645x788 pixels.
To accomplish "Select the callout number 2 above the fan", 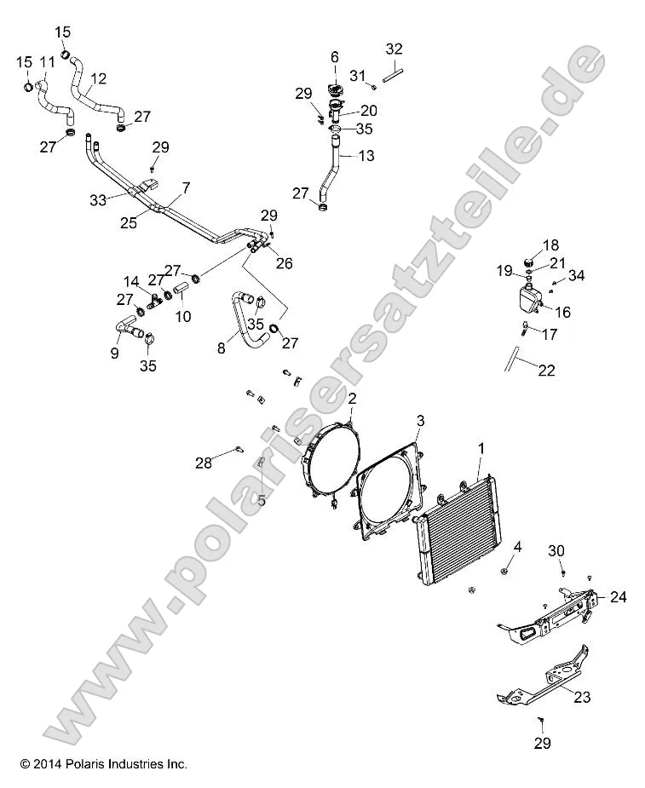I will (351, 398).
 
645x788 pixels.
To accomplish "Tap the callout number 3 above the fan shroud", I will (420, 421).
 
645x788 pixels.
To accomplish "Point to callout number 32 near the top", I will (394, 49).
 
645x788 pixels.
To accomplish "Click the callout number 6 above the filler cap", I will (335, 57).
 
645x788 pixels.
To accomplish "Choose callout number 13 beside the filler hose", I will (366, 156).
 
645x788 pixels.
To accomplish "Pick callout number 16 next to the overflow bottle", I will (562, 313).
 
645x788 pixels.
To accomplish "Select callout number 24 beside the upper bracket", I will (618, 597).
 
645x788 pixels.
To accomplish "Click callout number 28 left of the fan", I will (203, 463).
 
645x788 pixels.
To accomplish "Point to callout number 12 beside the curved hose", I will (98, 78).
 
